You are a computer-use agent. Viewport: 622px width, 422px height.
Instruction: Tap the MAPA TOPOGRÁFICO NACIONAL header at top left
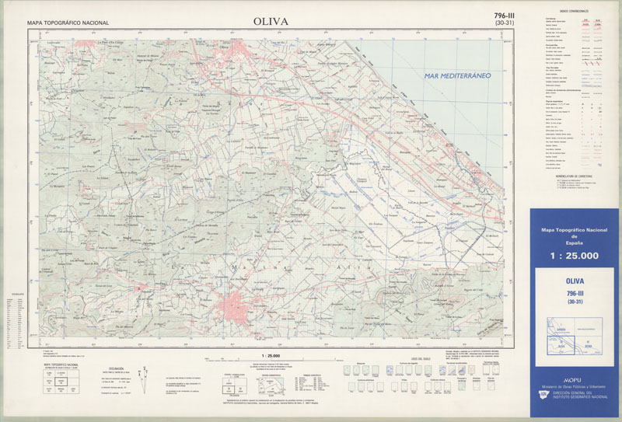(x=68, y=24)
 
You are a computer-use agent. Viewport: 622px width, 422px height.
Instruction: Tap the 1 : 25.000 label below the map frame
(x=267, y=354)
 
